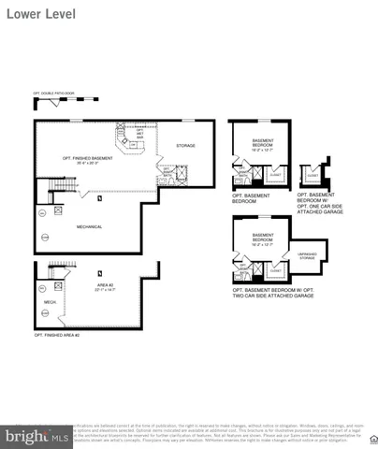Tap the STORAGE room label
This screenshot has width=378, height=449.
coord(186,145)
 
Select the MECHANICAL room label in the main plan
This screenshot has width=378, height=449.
coord(90,226)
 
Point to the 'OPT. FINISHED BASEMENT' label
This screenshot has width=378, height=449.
coord(84,157)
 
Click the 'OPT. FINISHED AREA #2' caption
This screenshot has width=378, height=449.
coord(57,334)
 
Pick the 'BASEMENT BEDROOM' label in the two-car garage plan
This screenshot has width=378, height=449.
coord(263,238)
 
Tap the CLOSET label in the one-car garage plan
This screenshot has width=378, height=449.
coord(313,174)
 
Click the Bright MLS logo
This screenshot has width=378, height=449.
coord(36,435)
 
